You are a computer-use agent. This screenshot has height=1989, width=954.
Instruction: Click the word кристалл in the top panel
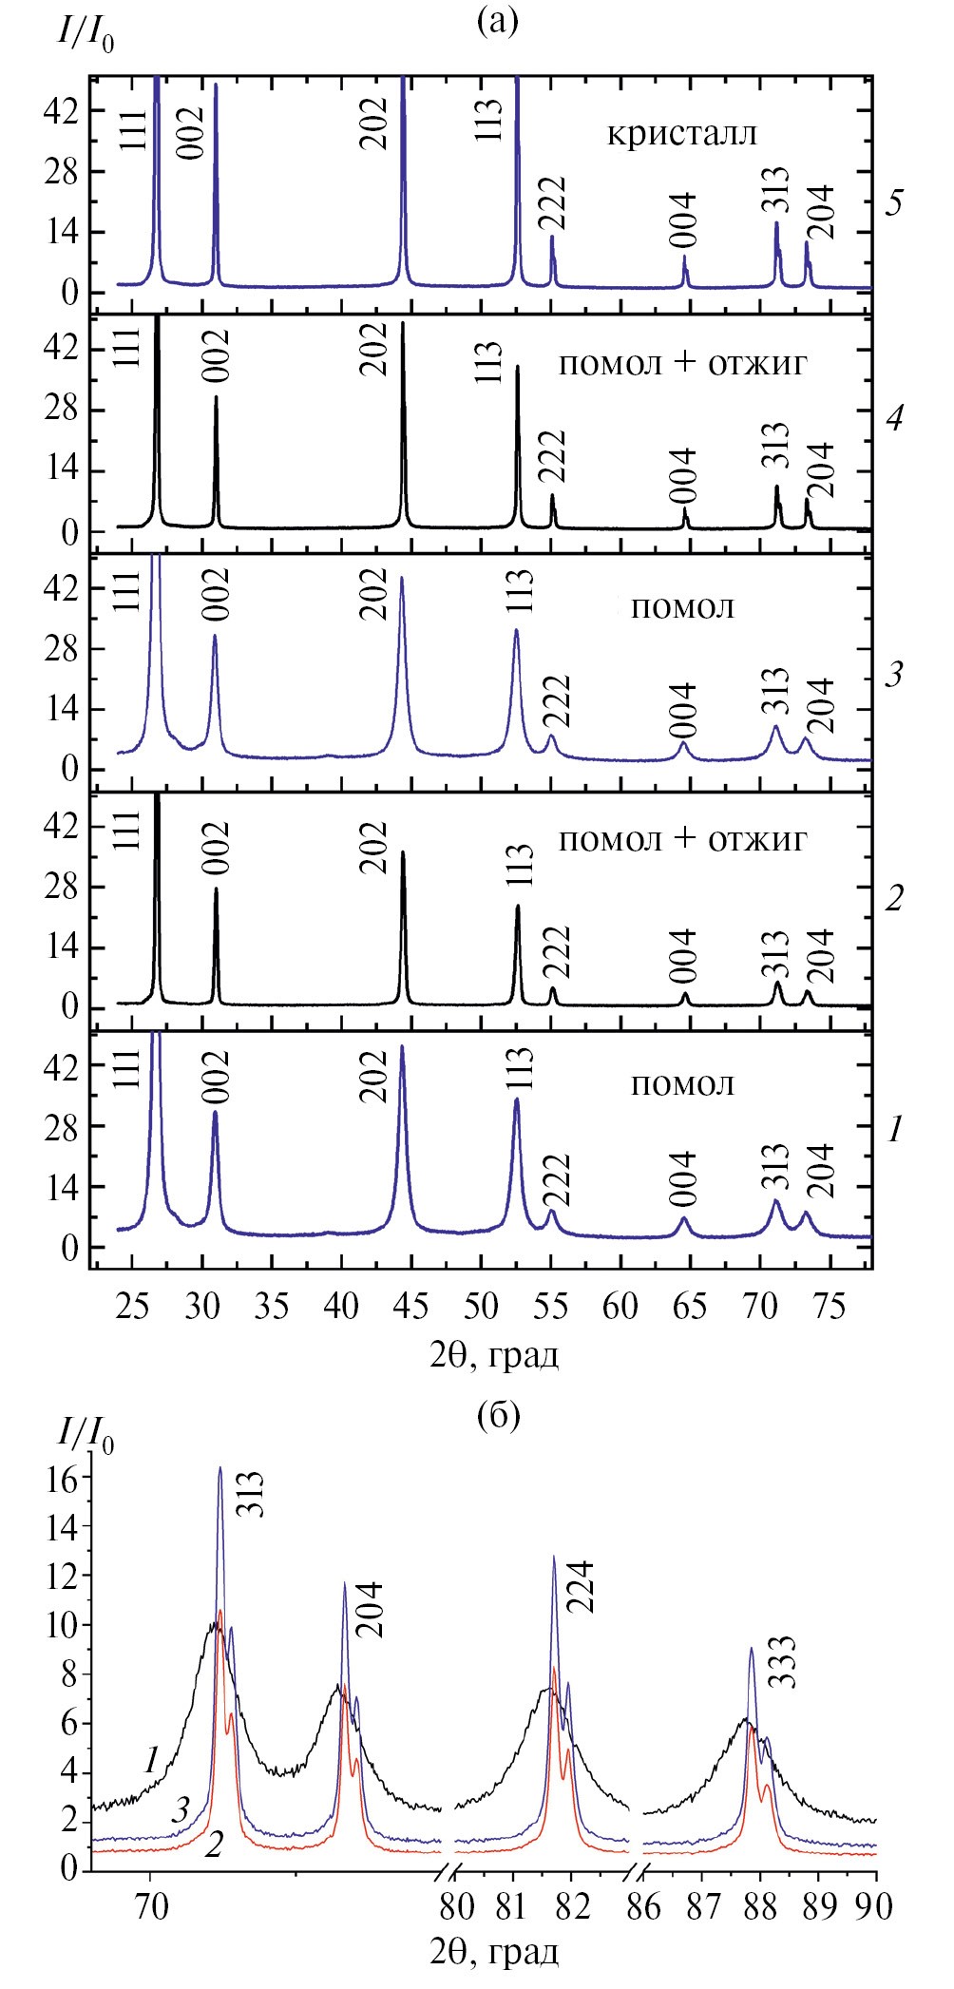click(x=682, y=133)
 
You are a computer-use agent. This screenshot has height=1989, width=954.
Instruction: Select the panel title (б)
click(x=497, y=1414)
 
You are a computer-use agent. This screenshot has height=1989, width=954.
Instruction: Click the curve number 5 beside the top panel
click(x=893, y=203)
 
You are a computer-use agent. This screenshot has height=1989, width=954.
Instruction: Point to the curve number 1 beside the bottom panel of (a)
click(x=893, y=1129)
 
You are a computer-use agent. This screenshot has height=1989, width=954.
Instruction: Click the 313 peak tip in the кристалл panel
click(x=776, y=223)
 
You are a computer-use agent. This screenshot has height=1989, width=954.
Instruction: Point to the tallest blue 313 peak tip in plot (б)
click(x=219, y=1467)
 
